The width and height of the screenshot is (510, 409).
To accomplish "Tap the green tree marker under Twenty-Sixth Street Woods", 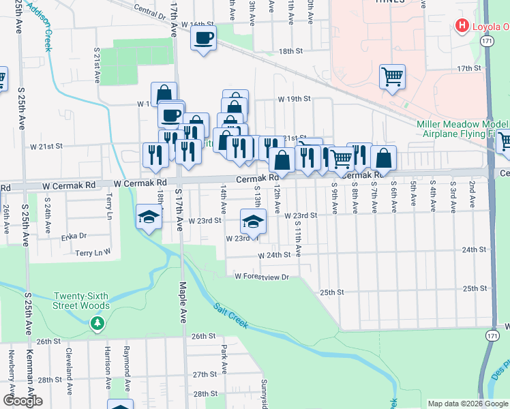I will pyautogui.click(x=97, y=322).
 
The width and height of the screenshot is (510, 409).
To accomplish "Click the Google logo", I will pyautogui.click(x=22, y=401).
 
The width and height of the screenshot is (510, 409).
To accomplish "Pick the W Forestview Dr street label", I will pyautogui.click(x=262, y=276).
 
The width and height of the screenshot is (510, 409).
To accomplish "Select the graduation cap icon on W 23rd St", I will pyautogui.click(x=253, y=222).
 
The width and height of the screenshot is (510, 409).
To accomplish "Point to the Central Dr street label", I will pyautogui.click(x=150, y=11).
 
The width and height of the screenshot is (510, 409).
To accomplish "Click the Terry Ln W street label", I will pyautogui.click(x=93, y=252).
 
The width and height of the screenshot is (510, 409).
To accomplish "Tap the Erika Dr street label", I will pyautogui.click(x=74, y=236).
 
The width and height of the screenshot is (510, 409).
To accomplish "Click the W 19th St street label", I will pyautogui.click(x=293, y=99).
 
